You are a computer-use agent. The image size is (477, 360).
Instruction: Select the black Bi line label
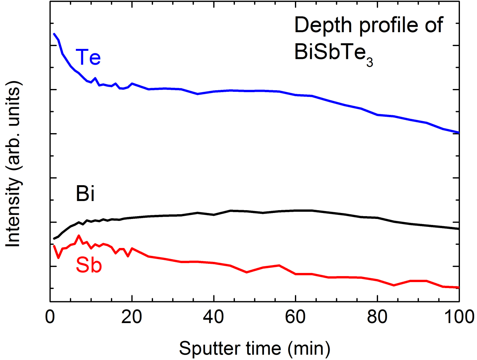(84, 195)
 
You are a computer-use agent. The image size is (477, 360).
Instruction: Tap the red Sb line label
(89, 266)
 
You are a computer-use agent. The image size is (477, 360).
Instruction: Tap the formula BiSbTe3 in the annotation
(333, 53)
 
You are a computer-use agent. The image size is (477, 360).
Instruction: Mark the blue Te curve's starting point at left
(54, 34)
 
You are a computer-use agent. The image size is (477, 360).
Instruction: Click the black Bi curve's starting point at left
(54, 239)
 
